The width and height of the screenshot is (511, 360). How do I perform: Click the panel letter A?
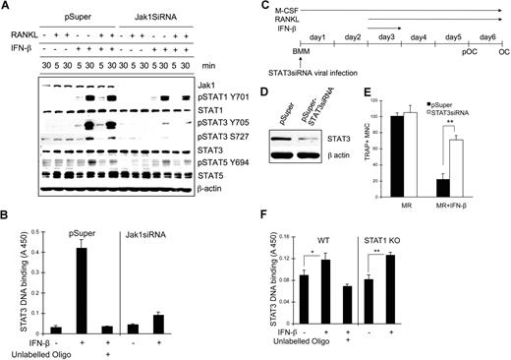pos(6,7)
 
